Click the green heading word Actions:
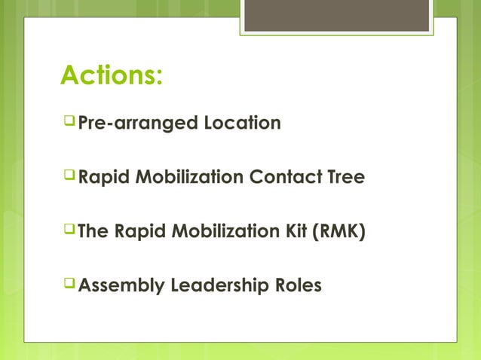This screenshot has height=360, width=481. tap(112, 76)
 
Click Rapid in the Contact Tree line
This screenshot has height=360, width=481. tap(103, 178)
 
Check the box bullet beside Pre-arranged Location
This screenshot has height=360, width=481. tap(69, 121)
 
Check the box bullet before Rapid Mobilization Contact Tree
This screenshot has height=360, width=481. tap(69, 176)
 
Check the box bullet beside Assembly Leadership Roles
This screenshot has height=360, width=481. tap(69, 285)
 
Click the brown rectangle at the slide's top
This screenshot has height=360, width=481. tap(336, 16)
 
